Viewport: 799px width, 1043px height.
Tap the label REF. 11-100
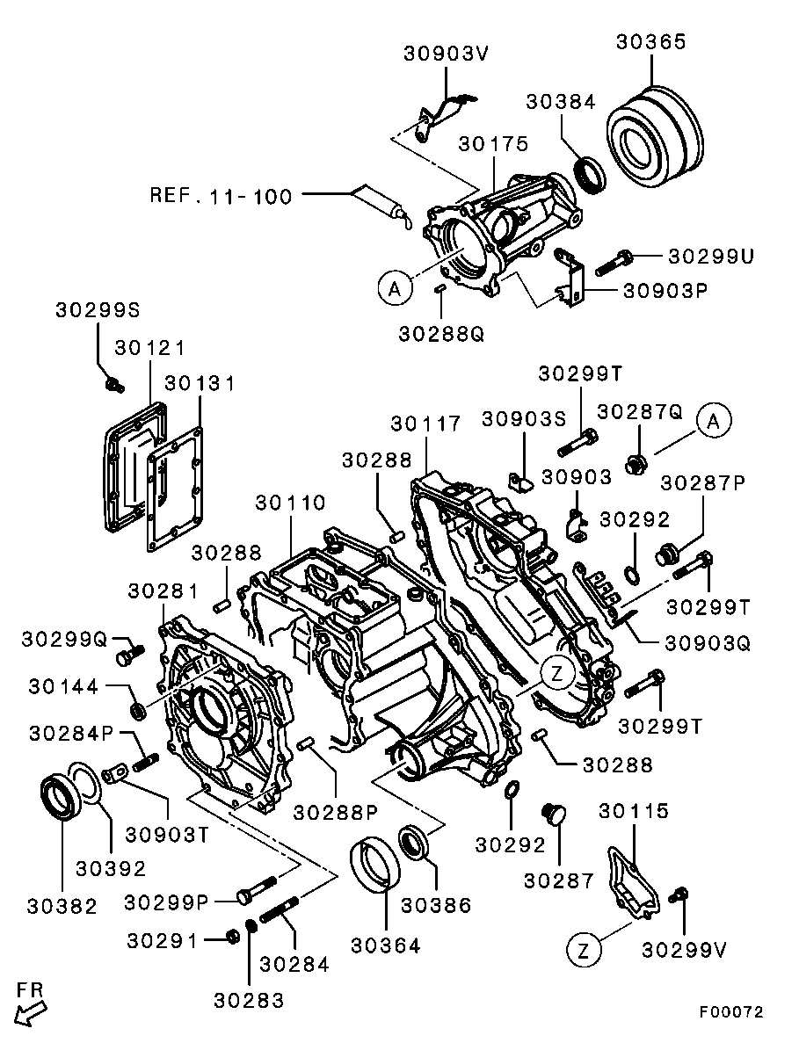[x=221, y=195]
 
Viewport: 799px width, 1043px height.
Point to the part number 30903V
[x=446, y=53]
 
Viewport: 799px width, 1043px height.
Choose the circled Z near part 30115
[x=582, y=949]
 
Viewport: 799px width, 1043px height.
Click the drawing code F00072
[x=731, y=1011]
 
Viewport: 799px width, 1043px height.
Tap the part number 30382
[x=62, y=906]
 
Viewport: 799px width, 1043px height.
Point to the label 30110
[x=291, y=503]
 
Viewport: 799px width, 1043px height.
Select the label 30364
[x=385, y=945]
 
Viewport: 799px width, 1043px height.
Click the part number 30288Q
[x=441, y=334]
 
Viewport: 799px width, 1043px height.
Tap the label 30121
[x=149, y=348]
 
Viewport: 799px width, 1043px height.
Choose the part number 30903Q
[x=708, y=643]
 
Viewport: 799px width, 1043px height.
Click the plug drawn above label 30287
[x=554, y=813]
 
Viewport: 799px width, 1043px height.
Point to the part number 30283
[x=249, y=1000]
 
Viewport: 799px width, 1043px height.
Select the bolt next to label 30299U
[x=615, y=261]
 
